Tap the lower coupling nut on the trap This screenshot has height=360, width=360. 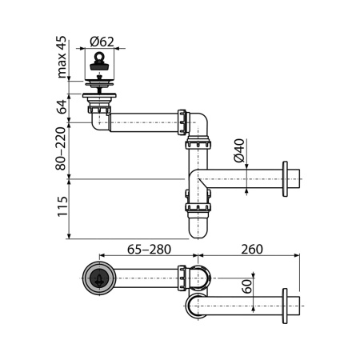tap(198, 210)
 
